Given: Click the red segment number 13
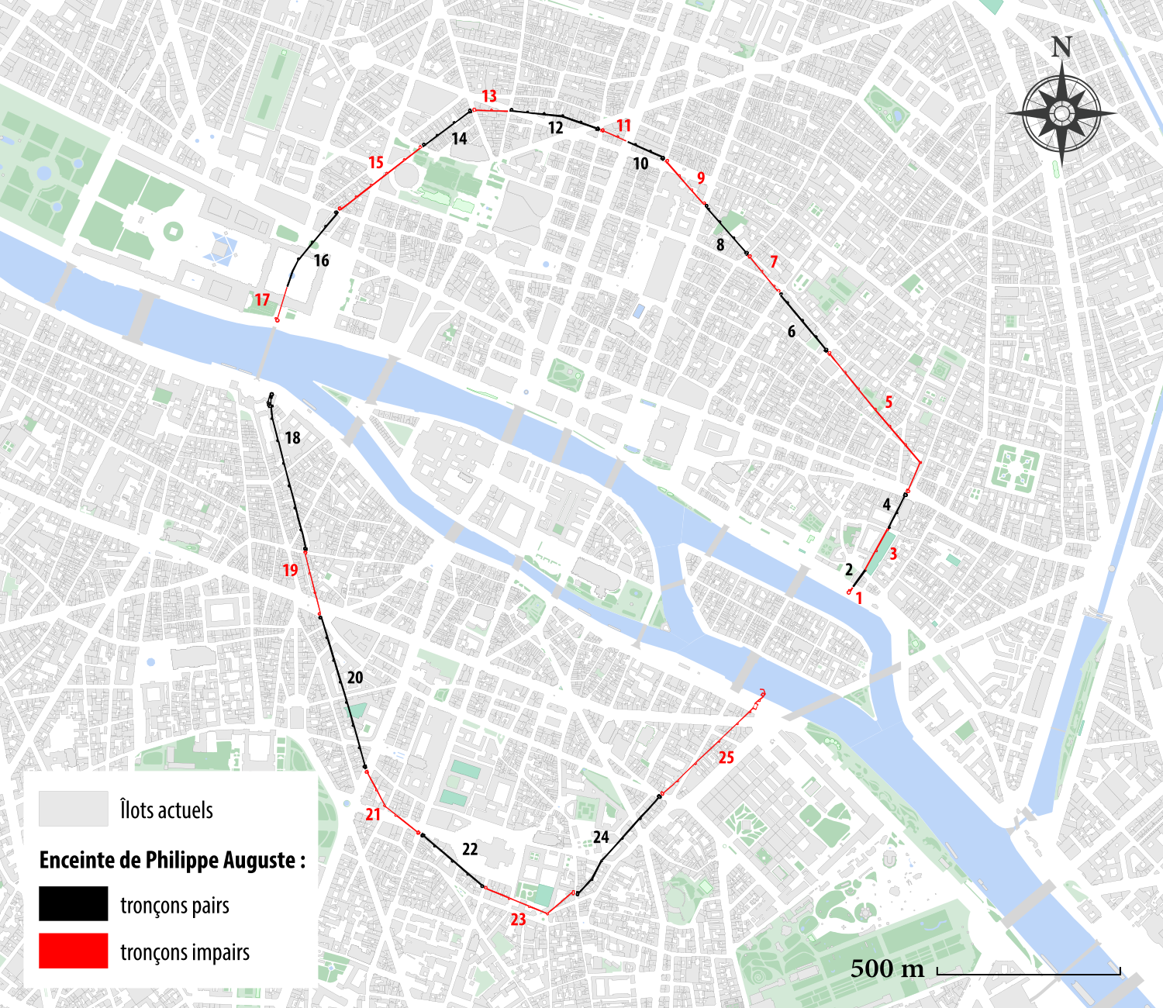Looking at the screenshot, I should tap(489, 96).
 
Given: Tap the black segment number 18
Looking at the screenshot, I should tap(292, 438).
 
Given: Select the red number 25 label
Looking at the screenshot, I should tap(726, 758).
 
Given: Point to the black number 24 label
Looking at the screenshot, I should tap(601, 837).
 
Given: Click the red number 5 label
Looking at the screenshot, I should tap(889, 402).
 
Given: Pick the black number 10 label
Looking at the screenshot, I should tap(640, 164).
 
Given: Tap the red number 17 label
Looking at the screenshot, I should tap(262, 300).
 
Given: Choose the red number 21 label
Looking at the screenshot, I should tap(374, 814).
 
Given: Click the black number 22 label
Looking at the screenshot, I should tap(470, 849).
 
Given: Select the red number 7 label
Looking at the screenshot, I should tap(773, 262).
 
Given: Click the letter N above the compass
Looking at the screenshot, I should tap(1061, 47).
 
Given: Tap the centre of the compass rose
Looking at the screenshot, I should tap(1061, 114).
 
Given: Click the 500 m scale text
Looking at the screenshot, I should tap(887, 968).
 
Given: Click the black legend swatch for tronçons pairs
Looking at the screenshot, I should tap(74, 904).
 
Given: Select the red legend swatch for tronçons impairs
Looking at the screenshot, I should tap(74, 951).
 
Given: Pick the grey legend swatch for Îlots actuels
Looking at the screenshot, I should tap(74, 809).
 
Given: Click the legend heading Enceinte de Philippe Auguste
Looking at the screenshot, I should tap(172, 860).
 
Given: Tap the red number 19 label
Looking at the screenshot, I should tap(290, 571).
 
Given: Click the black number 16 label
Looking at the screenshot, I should tap(321, 261).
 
